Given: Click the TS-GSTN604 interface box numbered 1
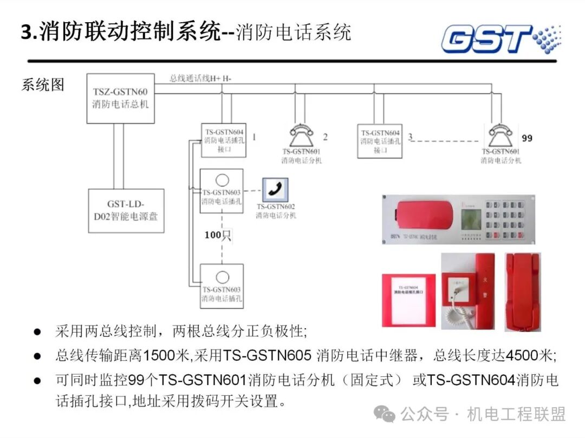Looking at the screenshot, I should (224, 140).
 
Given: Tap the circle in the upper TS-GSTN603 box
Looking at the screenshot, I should (221, 180).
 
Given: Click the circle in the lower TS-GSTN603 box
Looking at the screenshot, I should (222, 274).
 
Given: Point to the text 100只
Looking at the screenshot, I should (218, 235).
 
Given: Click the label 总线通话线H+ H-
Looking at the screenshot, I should (200, 78).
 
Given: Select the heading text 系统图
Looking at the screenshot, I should (43, 85).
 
